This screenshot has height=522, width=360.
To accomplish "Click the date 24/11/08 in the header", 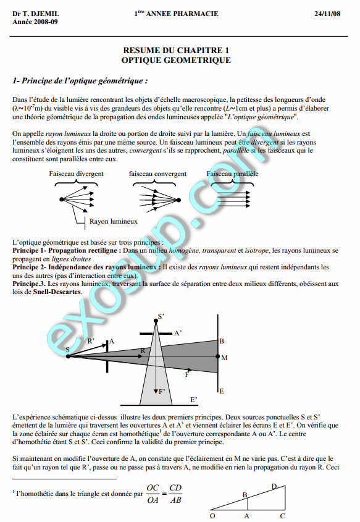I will click(327, 14).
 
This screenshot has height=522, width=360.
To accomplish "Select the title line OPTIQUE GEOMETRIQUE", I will click(177, 61).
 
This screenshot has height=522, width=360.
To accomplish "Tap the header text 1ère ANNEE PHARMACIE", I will click(176, 14).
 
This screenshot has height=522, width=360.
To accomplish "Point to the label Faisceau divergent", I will click(76, 174).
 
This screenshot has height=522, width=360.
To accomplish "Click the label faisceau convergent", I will click(157, 174).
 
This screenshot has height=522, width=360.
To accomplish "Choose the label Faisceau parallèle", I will click(233, 174).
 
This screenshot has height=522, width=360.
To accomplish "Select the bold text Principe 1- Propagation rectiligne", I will click(66, 251).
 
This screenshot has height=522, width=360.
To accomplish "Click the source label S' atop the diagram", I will click(161, 316).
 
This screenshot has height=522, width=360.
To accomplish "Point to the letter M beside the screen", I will click(224, 358).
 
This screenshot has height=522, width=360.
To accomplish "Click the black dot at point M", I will click(217, 356).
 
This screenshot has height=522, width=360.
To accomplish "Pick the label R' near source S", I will click(91, 341).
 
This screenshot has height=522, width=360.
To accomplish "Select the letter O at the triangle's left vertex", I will click(212, 515).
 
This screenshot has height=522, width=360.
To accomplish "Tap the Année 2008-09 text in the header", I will click(35, 22).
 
